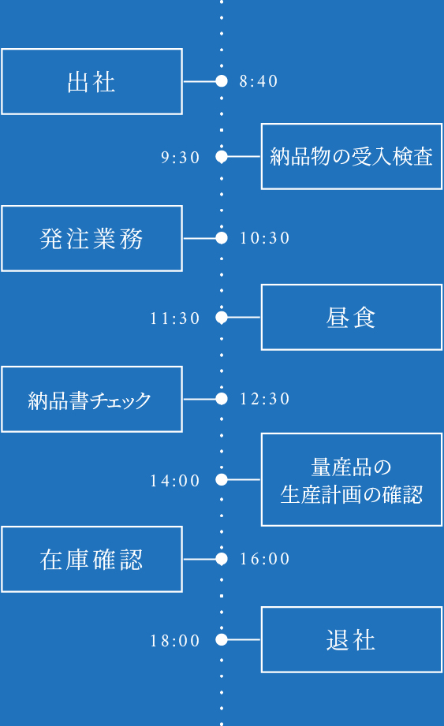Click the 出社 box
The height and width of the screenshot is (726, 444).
coord(91,81)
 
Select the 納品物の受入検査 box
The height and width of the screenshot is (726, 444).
coord(351,156)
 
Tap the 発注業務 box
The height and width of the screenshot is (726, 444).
coord(91,238)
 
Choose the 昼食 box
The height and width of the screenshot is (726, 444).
coord(351,317)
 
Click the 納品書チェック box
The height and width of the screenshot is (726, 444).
coord(91,399)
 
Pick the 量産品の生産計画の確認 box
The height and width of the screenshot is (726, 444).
coord(351,479)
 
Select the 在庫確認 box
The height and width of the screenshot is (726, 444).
coord(91,559)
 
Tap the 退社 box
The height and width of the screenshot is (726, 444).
coord(351,639)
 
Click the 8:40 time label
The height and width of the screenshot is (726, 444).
coord(259,81)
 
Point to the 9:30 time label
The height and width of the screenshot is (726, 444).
coord(181,158)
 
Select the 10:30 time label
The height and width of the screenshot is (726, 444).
coord(265,238)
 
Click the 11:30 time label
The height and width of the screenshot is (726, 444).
coord(175,318)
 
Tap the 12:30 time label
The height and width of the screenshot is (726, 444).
coord(265,399)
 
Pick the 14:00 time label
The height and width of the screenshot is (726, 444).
coord(175,480)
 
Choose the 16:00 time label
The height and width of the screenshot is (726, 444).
coord(265,559)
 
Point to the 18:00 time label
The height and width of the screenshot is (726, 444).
coord(175,641)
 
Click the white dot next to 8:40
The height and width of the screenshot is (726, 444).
coord(222,81)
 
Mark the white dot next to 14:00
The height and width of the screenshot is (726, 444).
coord(222,479)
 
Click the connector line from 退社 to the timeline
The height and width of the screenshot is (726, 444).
coord(244,640)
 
